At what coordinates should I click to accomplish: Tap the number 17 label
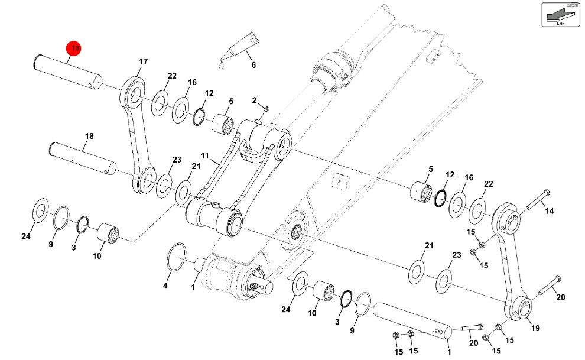click(143, 61)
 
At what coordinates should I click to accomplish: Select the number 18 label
click(89, 137)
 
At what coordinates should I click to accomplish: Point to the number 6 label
click(253, 65)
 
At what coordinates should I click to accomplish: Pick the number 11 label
click(205, 155)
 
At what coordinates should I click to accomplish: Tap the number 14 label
click(550, 211)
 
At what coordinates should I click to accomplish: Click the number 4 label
click(165, 286)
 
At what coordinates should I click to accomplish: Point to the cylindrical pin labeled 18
click(83, 159)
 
